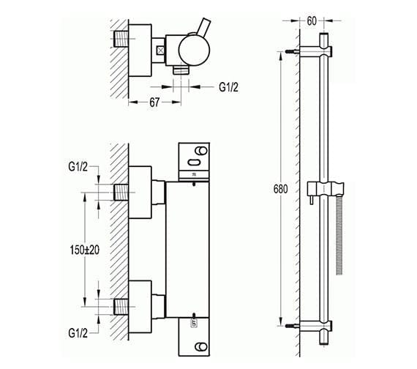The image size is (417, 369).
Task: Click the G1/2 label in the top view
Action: click(x=229, y=87)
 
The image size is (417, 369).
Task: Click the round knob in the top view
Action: click(x=187, y=49)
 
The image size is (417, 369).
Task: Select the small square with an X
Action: click(x=160, y=51)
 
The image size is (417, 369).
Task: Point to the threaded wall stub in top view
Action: click(x=119, y=38)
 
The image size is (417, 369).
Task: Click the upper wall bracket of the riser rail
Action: click(x=320, y=51)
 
